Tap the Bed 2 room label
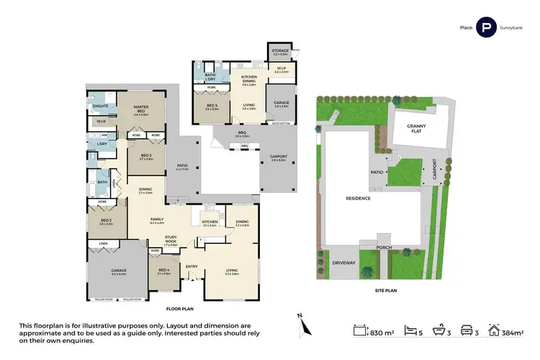pos(145,158)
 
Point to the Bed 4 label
pos(163,271)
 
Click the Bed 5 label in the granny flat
pos(212,107)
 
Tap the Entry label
pos(192,266)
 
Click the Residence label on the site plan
pos(358,198)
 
